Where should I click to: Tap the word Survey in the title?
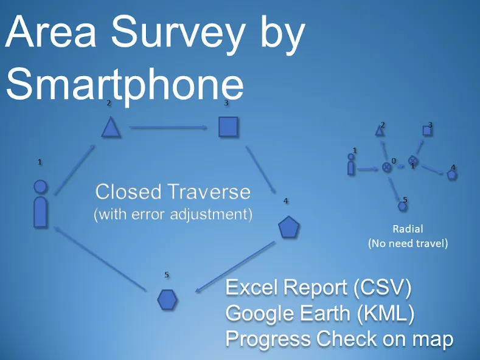coord(178,32)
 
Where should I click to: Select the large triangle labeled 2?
coord(111,126)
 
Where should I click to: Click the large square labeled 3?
coord(228,126)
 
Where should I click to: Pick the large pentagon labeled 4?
coord(288,227)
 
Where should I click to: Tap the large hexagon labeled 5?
coord(167,299)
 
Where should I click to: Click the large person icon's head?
coord(40,187)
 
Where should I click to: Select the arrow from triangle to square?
coord(169,127)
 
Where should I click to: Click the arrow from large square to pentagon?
coord(260,170)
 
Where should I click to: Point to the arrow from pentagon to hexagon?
coord(235,266)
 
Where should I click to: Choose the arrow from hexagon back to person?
coord(100,258)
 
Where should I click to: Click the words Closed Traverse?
coord(173,192)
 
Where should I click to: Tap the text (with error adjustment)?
coord(173,214)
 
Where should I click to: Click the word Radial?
coord(408,229)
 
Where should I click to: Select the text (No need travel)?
coord(408,244)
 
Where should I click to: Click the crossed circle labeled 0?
coord(387,167)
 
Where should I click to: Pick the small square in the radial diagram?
coord(426,131)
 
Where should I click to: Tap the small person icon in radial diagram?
coord(351,164)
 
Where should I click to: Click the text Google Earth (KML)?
coord(320,313)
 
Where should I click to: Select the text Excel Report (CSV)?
coord(318,288)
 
